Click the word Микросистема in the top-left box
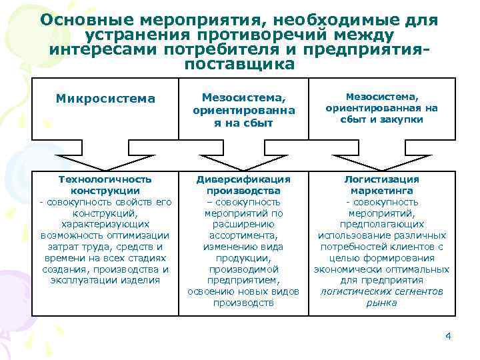pos(105,99)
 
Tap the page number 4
pos(449,335)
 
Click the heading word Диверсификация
pos(243,179)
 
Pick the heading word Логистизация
pos(381,179)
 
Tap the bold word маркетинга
pos(381,191)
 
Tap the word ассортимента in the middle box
pos(243,235)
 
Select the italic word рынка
pos(381,303)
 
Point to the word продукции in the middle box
pos(243,258)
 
